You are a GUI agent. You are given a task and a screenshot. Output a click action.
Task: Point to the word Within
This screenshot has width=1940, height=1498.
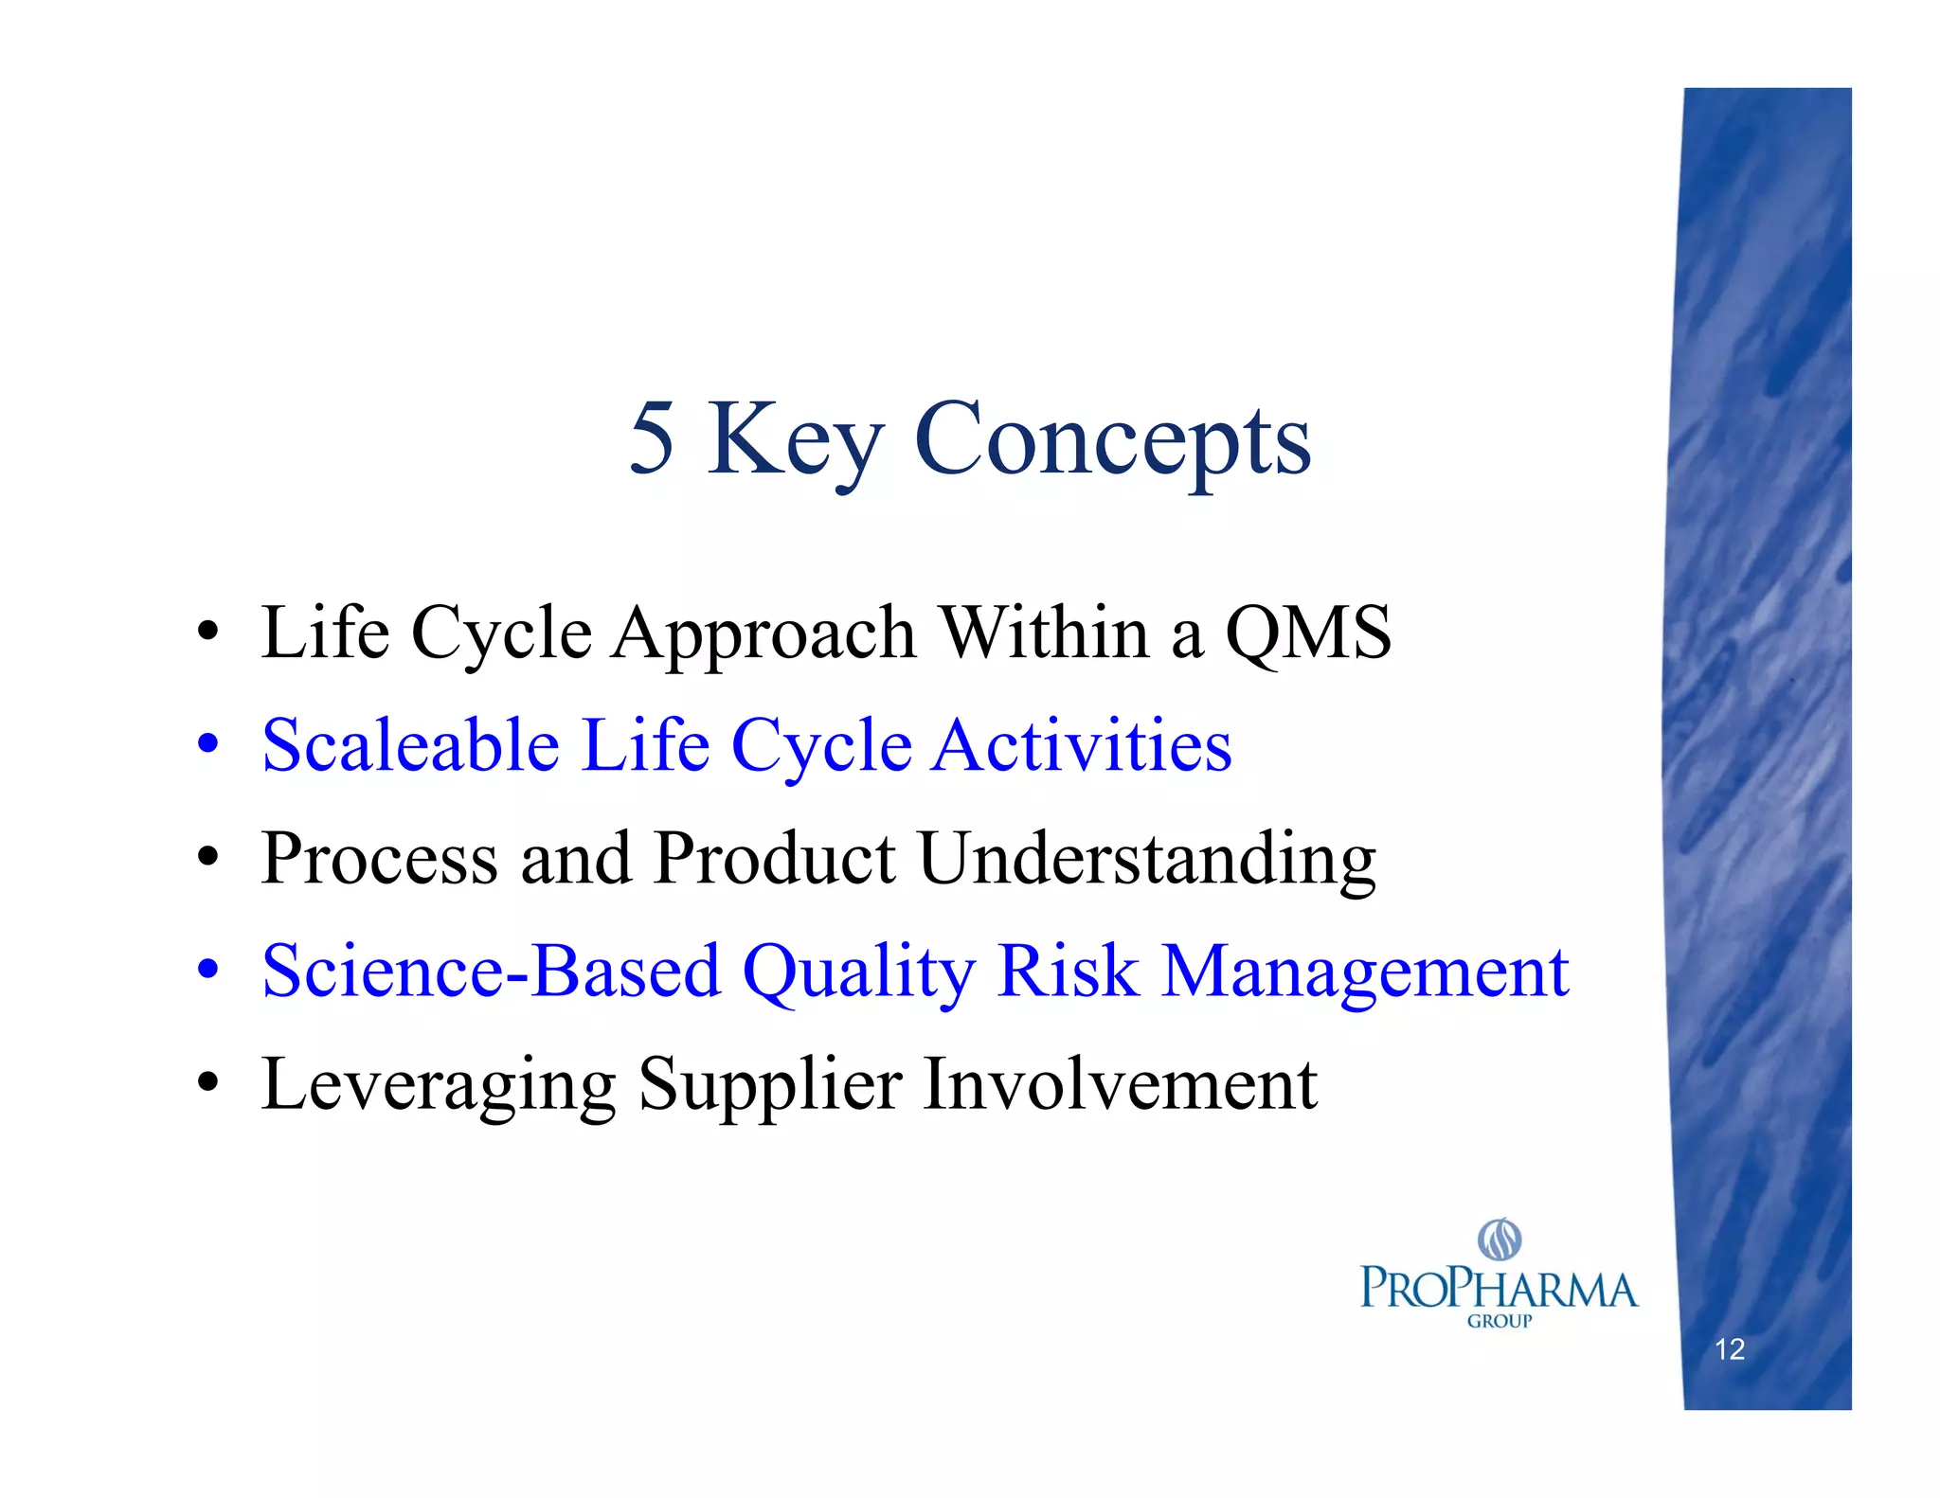click(1044, 633)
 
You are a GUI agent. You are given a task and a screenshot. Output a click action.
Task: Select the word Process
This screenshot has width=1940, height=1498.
click(379, 859)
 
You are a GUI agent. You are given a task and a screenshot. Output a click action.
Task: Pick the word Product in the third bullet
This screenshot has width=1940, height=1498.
click(774, 859)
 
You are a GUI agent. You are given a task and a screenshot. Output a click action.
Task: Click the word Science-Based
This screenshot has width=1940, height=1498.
click(491, 972)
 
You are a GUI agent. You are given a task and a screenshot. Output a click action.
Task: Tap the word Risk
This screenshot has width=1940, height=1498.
click(1068, 972)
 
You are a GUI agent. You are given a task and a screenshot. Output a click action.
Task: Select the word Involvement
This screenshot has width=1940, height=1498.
click(1120, 1084)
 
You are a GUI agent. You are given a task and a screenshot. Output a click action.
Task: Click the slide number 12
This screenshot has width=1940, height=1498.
click(1729, 1349)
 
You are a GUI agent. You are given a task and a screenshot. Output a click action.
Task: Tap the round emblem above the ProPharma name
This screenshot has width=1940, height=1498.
click(1500, 1239)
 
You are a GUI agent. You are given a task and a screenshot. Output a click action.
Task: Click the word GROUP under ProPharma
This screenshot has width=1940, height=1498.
click(1499, 1321)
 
